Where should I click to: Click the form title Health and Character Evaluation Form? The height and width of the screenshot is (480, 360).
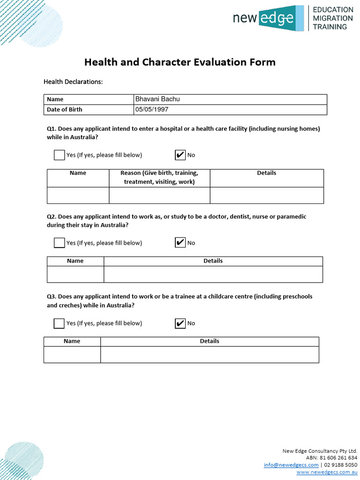[180, 62]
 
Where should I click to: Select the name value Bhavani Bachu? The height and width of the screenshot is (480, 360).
[157, 99]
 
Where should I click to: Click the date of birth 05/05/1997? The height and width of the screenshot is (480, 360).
[152, 109]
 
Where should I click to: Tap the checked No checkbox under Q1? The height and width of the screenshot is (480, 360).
[180, 155]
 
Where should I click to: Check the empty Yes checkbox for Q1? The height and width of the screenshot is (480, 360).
[59, 155]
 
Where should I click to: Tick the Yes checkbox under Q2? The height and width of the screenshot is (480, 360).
[59, 243]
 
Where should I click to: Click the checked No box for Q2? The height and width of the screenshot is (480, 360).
[180, 243]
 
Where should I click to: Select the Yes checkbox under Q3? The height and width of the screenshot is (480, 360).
[59, 323]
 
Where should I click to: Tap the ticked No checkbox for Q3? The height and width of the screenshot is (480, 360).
[180, 323]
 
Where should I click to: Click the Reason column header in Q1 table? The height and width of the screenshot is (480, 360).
[159, 177]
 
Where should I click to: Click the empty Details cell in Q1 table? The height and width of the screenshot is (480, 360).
[266, 195]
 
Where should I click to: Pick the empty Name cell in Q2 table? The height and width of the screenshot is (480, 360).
[75, 274]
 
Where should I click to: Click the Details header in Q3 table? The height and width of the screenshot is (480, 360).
[210, 341]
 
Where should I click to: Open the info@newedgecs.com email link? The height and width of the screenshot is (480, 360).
[291, 465]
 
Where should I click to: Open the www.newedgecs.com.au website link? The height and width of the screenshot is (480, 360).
[327, 472]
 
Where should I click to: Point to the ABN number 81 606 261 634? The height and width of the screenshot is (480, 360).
[338, 457]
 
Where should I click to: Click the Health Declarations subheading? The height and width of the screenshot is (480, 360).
[73, 82]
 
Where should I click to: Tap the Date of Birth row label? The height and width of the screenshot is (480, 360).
[65, 109]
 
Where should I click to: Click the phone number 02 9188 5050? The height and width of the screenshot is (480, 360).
[341, 465]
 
